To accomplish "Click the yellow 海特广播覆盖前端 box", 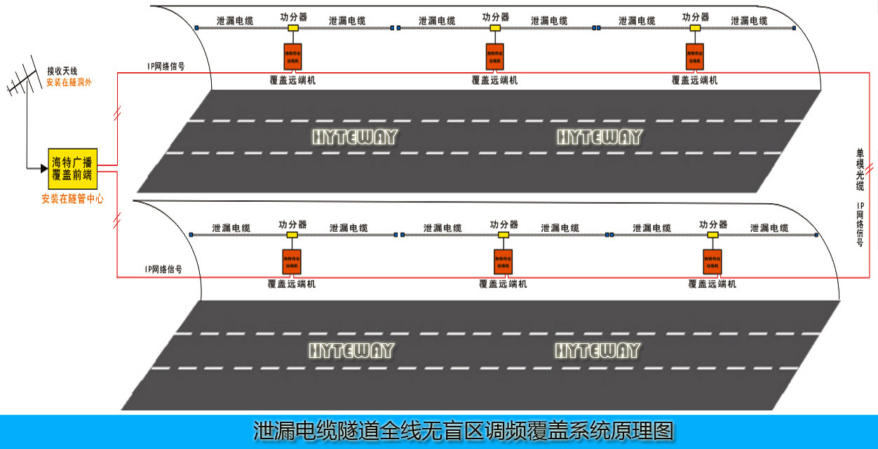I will [x=72, y=169].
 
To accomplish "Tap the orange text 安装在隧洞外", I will [x=69, y=82].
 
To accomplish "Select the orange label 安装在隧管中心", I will [x=72, y=199].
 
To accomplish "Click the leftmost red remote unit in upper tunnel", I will [x=292, y=56].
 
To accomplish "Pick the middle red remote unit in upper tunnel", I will [x=495, y=56].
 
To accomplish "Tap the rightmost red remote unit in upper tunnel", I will [x=695, y=56].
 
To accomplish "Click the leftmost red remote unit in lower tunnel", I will [x=292, y=262].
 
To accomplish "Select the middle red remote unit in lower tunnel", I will [x=502, y=262].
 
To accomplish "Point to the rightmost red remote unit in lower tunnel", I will [x=712, y=262].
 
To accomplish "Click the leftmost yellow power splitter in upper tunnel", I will [x=292, y=28].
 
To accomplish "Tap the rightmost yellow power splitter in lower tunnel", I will [x=712, y=235].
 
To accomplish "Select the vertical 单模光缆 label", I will [x=860, y=169].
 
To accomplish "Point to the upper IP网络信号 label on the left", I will [x=166, y=66].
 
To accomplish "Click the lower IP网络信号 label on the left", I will [x=163, y=269].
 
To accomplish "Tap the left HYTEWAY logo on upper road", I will [x=354, y=137].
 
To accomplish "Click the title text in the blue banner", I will [x=463, y=431].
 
